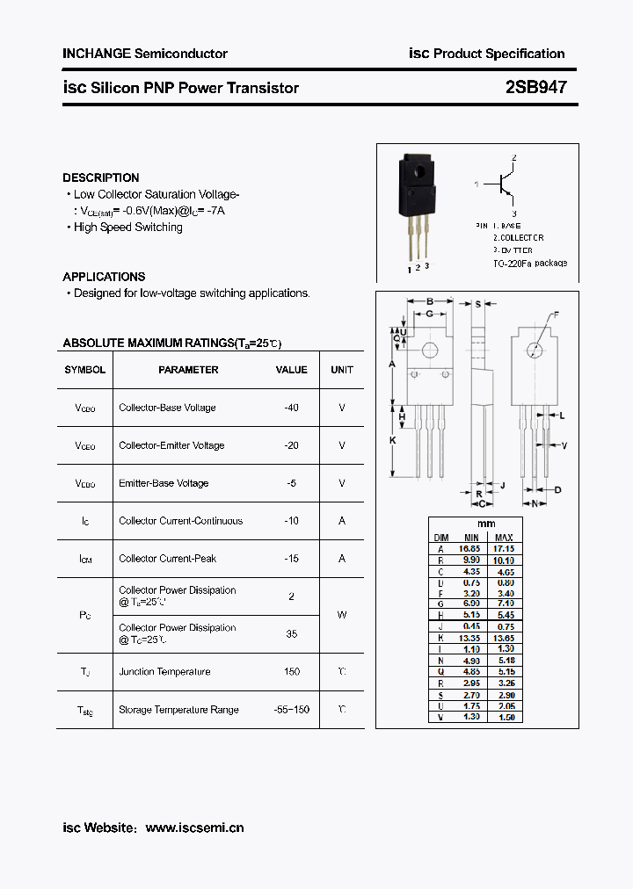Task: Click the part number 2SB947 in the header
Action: click(535, 88)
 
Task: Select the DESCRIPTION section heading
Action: click(101, 177)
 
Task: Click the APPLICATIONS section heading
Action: click(104, 277)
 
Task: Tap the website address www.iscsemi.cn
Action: click(194, 828)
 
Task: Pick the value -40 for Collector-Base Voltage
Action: click(291, 408)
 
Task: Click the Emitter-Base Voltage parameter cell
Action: click(164, 483)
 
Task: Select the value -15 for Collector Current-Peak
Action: click(291, 559)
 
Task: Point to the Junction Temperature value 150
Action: click(291, 672)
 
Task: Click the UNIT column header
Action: click(342, 370)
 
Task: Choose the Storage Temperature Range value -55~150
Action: click(291, 710)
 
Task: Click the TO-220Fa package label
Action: click(530, 263)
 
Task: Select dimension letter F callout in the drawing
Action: click(556, 314)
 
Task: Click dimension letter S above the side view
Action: click(477, 304)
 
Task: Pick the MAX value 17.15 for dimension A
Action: click(504, 547)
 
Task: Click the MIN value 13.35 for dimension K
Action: click(471, 638)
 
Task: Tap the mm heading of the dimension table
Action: click(486, 524)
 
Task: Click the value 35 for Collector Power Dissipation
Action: click(291, 633)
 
